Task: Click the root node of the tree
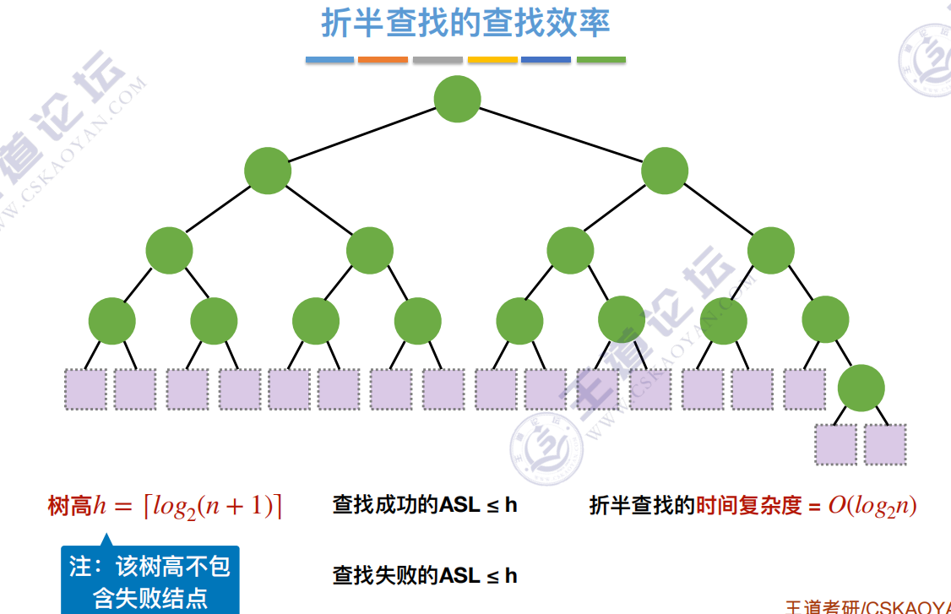[457, 99]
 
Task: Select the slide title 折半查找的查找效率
[465, 24]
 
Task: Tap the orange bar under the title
[383, 60]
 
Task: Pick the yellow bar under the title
[492, 60]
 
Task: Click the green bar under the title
[601, 60]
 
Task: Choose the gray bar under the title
[437, 60]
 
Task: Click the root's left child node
[268, 171]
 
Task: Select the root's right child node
[665, 171]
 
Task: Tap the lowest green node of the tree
[861, 389]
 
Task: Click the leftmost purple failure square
[85, 389]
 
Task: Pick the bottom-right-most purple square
[885, 444]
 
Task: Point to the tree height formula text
[166, 506]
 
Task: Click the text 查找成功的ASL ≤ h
[425, 506]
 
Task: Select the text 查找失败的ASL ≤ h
[425, 576]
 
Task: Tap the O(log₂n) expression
[872, 506]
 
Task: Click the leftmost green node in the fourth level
[111, 321]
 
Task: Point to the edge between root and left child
[362, 135]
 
